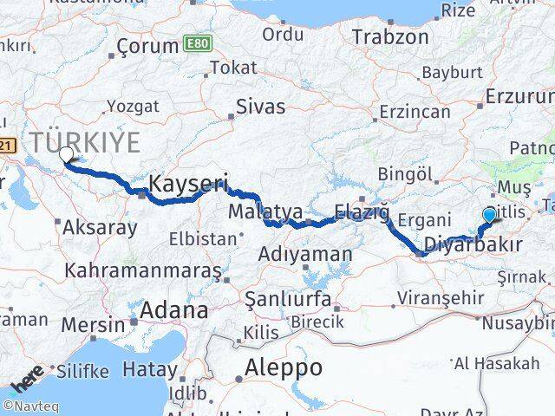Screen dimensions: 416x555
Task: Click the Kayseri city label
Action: point(188,183)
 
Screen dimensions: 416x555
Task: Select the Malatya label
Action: point(253,211)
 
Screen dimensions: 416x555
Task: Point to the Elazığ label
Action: point(362,211)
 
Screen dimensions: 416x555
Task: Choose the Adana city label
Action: point(173,310)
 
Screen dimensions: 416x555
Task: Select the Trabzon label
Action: point(391,37)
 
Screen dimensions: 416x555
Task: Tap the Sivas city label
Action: point(261,107)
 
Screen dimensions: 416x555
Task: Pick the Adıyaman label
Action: point(305,255)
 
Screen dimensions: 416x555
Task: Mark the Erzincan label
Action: point(416,112)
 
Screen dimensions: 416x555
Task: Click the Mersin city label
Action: point(94,326)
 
